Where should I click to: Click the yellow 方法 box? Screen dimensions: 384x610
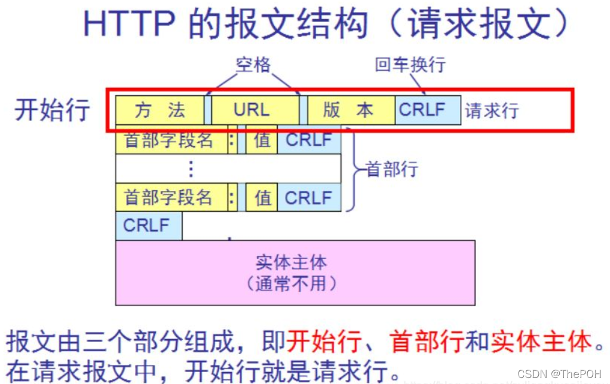click(160, 110)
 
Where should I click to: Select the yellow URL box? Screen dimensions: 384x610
click(255, 110)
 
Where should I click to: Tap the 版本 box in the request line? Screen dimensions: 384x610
click(351, 110)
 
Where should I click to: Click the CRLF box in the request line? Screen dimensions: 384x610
click(427, 110)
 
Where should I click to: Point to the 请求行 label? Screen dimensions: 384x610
click(492, 111)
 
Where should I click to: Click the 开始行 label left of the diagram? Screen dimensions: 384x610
click(53, 110)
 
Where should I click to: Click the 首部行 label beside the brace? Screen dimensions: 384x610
click(391, 169)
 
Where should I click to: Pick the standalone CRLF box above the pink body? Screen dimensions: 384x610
click(148, 226)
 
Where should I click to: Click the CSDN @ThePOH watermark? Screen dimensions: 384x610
click(559, 374)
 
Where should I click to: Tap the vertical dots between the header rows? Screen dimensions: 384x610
click(191, 169)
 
